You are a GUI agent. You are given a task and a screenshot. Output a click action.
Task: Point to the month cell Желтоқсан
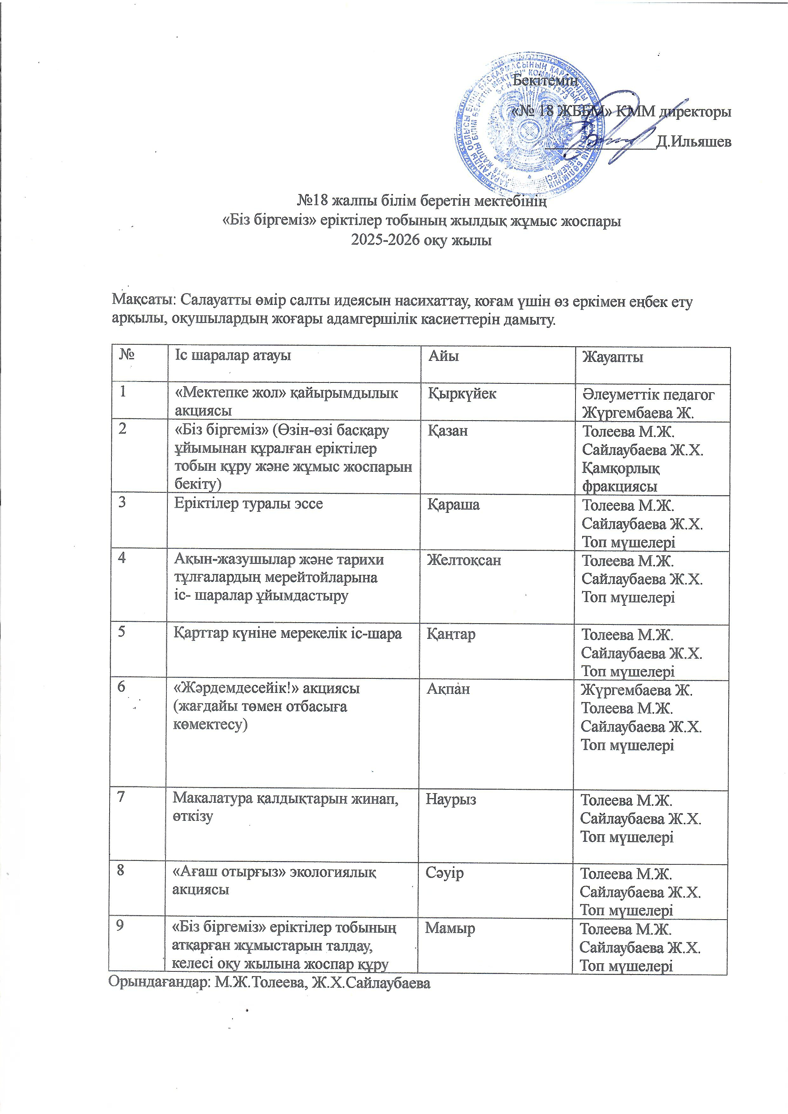[463, 560]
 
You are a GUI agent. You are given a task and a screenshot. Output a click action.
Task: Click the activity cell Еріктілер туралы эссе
[248, 503]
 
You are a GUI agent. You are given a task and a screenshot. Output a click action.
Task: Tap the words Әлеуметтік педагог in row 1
[648, 395]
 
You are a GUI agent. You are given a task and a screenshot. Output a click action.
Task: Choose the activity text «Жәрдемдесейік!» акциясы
[266, 688]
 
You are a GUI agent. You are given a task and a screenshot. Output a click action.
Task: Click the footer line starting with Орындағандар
[269, 983]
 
